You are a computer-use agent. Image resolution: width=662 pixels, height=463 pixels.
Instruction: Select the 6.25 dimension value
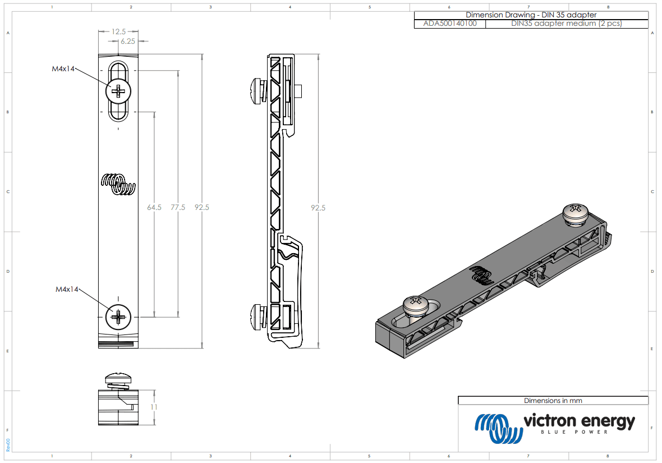(x=128, y=41)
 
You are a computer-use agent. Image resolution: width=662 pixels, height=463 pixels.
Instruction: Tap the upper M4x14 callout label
(x=63, y=68)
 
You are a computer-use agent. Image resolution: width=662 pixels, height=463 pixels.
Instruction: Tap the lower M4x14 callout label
(x=67, y=289)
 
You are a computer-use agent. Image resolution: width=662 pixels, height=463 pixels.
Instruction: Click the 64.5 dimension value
(x=154, y=208)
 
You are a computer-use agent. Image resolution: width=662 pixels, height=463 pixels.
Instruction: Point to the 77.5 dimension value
(x=178, y=208)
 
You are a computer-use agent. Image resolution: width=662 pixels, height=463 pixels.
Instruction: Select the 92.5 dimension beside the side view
(x=318, y=208)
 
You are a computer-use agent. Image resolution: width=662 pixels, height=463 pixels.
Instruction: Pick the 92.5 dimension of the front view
(x=202, y=208)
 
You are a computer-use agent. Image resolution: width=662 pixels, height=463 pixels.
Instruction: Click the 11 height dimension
(x=154, y=407)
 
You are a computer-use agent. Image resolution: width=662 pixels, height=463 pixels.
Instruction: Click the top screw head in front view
(x=119, y=90)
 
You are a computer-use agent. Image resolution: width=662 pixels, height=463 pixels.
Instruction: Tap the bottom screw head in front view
(x=119, y=318)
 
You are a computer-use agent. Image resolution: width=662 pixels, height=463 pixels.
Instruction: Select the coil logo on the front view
(x=118, y=184)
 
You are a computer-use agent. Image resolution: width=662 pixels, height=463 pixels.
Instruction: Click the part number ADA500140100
(x=450, y=24)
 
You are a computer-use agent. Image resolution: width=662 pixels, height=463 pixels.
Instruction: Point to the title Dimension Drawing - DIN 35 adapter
(x=531, y=15)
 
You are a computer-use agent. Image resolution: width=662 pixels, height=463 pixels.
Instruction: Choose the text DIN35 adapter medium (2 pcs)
(x=566, y=24)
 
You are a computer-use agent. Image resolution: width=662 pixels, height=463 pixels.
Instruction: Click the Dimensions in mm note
(x=553, y=401)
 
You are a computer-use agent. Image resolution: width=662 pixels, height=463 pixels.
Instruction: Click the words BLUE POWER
(x=578, y=433)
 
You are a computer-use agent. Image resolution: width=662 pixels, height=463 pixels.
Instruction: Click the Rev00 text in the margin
(x=8, y=445)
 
